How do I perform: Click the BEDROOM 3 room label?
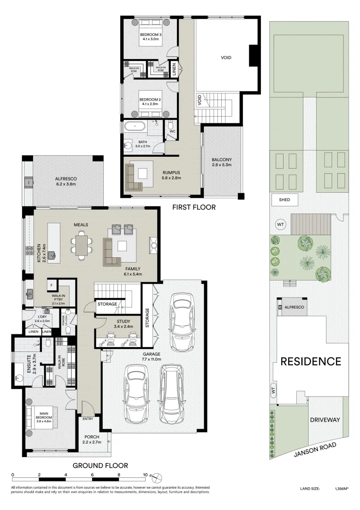tap(150, 34)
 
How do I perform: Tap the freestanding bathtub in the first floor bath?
tap(136, 127)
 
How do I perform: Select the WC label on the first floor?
tap(172, 131)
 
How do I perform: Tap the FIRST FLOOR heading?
tap(193, 207)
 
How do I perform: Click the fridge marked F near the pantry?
tap(50, 285)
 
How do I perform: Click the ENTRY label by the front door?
tap(88, 418)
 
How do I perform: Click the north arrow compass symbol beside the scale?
tap(158, 476)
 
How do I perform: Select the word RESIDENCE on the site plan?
tap(310, 362)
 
